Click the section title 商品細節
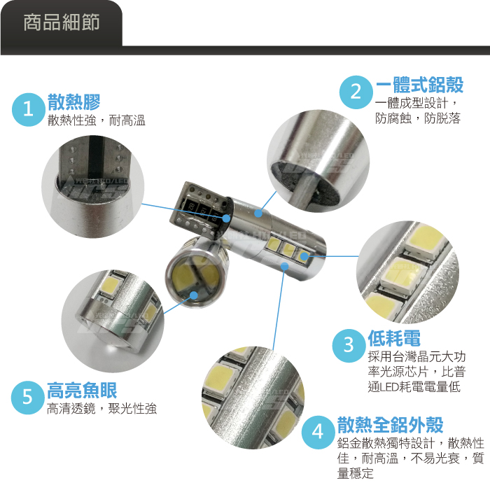(x=62, y=22)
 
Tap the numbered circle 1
(x=29, y=109)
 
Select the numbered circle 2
(x=356, y=92)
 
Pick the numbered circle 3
(x=349, y=345)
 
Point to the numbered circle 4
(x=318, y=432)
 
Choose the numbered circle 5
(x=27, y=398)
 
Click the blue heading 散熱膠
(x=73, y=102)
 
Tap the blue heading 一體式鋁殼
(x=419, y=85)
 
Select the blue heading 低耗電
(x=394, y=338)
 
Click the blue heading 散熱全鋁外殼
(x=391, y=424)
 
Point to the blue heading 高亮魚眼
(x=82, y=390)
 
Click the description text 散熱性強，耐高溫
(x=97, y=120)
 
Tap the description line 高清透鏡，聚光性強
(x=101, y=408)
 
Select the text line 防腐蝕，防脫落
(x=418, y=118)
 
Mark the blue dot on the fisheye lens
(x=194, y=295)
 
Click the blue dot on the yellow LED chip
(x=303, y=257)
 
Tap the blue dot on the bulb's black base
(x=226, y=218)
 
